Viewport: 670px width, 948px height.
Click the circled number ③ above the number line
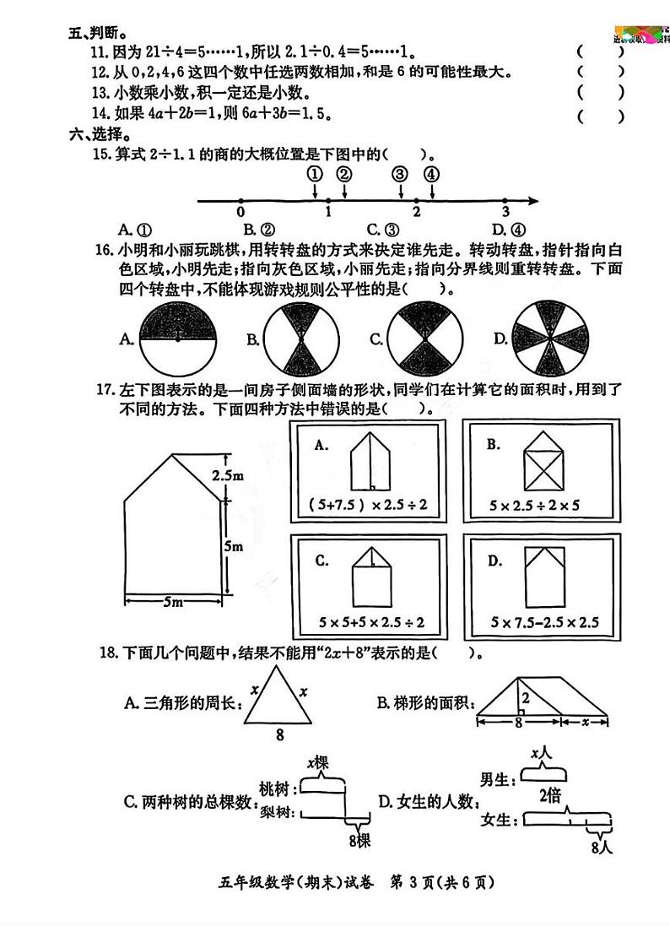tap(400, 175)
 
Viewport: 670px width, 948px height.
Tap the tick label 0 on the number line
tap(240, 212)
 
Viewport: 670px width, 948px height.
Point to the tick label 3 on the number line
tap(505, 212)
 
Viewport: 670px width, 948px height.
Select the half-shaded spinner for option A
tap(177, 339)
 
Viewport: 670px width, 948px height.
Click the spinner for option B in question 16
tap(301, 339)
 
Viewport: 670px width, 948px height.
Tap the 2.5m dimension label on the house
tap(228, 476)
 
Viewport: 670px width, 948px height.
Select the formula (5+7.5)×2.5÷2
tap(368, 507)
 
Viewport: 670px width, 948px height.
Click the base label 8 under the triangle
tap(279, 734)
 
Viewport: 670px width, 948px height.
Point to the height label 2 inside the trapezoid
tap(524, 698)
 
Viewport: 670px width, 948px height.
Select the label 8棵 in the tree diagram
tap(358, 841)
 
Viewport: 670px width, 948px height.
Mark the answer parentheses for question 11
tap(601, 51)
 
